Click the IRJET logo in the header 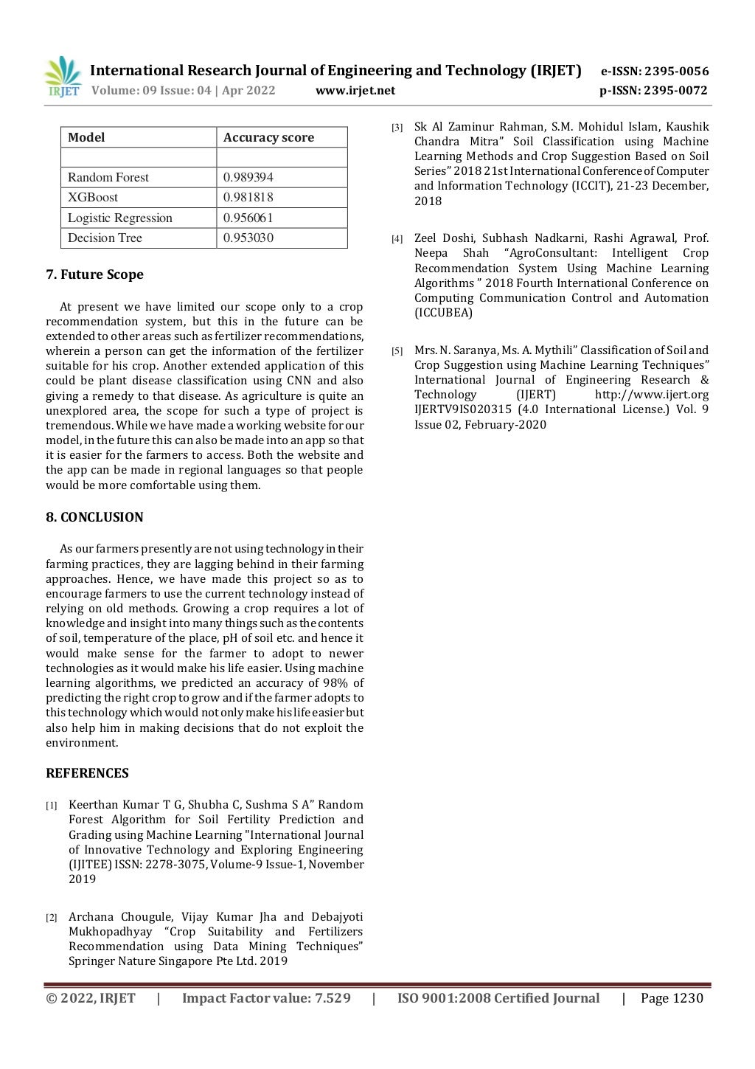(x=63, y=77)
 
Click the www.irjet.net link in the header (x=355, y=91)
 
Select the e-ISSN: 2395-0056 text (x=655, y=72)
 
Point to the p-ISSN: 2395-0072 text (x=653, y=91)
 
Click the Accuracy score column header (x=268, y=137)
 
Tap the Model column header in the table (x=86, y=137)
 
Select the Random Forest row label (x=108, y=177)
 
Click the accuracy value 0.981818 (x=248, y=197)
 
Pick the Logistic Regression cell (x=120, y=218)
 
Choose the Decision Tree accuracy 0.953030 (x=248, y=238)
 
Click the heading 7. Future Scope (x=94, y=274)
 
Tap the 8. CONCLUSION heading (x=94, y=517)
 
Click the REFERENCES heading (x=87, y=773)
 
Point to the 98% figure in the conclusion (x=335, y=683)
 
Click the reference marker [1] (x=52, y=806)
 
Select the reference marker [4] (x=397, y=239)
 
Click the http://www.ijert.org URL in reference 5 (x=652, y=395)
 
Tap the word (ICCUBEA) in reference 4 (x=443, y=313)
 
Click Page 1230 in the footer (x=672, y=998)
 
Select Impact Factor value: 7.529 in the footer (x=266, y=998)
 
